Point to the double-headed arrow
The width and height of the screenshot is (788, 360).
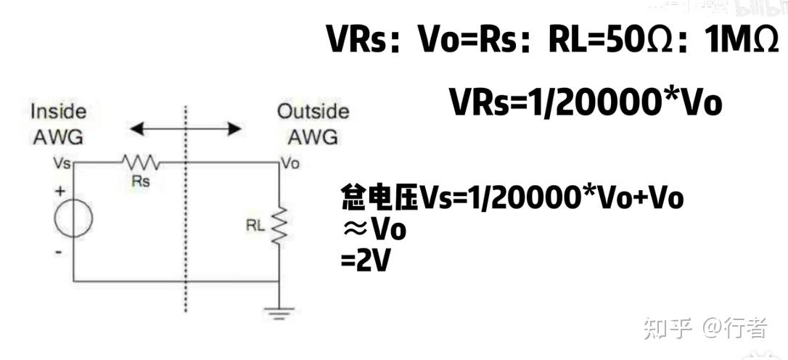click(185, 129)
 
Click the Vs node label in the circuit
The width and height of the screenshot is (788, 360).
click(63, 164)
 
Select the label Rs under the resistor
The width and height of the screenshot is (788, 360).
click(141, 181)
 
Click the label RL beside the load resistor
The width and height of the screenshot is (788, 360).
click(255, 226)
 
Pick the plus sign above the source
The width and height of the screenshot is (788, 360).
click(59, 191)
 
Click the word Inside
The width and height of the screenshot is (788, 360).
click(58, 112)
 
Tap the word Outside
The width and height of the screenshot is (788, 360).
click(313, 112)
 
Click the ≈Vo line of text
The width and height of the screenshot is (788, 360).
click(374, 229)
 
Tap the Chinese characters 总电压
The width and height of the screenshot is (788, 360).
click(379, 197)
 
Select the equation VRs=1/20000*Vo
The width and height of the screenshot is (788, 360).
click(586, 102)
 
